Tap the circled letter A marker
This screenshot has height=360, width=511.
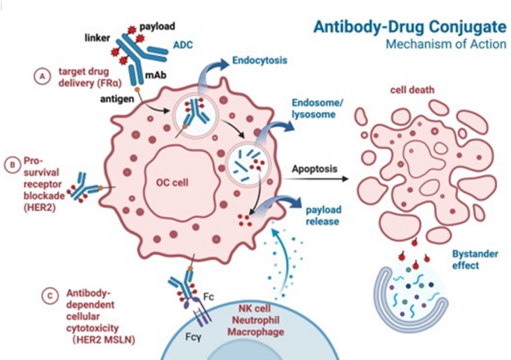pyautogui.click(x=43, y=75)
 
